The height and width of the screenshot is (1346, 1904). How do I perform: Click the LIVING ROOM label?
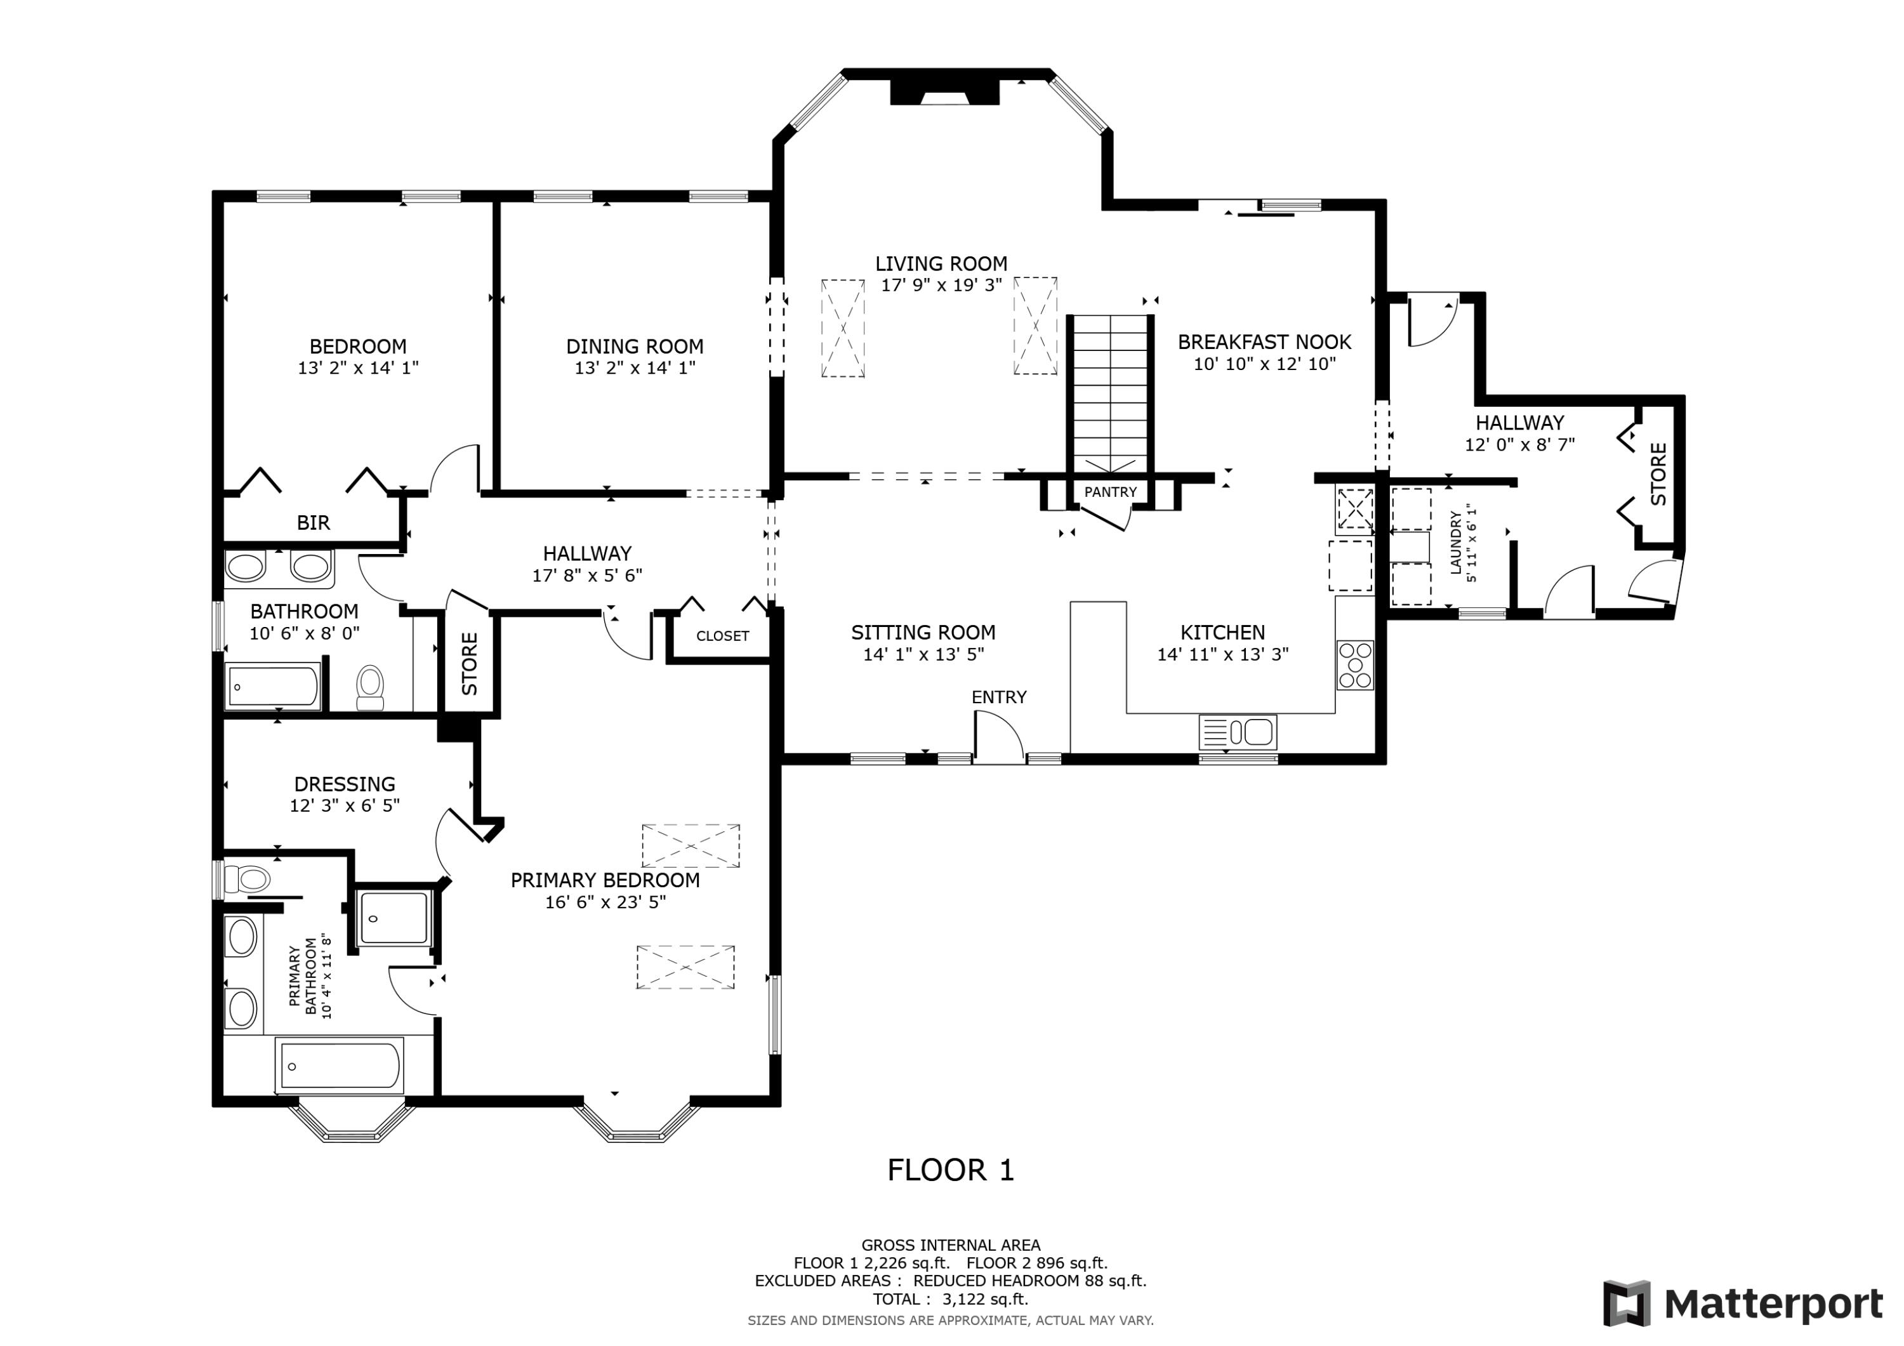pyautogui.click(x=941, y=264)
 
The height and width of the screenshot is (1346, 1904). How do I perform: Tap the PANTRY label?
pyautogui.click(x=1111, y=492)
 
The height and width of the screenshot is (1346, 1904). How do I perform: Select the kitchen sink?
pyautogui.click(x=1237, y=732)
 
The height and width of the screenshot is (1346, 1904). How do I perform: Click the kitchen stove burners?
pyautogui.click(x=1355, y=665)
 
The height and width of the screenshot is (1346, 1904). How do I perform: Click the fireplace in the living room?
pyautogui.click(x=944, y=91)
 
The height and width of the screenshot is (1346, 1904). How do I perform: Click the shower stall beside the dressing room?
pyautogui.click(x=394, y=918)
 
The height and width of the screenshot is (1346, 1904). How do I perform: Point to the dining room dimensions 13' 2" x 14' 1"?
pyautogui.click(x=635, y=367)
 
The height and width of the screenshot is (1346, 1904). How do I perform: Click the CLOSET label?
pyautogui.click(x=722, y=636)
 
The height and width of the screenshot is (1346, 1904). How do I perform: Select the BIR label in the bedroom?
pyautogui.click(x=314, y=522)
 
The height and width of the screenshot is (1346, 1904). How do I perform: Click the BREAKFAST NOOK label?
pyautogui.click(x=1265, y=341)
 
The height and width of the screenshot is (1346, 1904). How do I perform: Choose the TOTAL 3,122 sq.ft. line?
pyautogui.click(x=950, y=1300)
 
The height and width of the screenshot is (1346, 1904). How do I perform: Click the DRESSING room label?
pyautogui.click(x=345, y=784)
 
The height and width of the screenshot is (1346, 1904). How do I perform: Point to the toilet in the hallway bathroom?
pyautogui.click(x=371, y=687)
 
